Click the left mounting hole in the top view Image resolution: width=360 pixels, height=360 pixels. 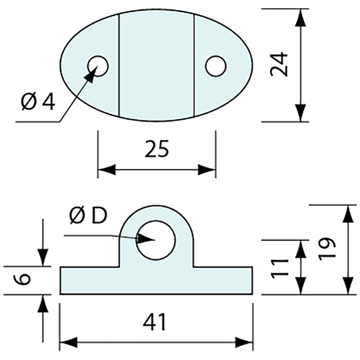(x=98, y=66)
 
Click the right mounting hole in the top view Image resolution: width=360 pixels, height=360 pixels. (x=215, y=66)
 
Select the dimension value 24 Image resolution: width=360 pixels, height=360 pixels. (x=280, y=66)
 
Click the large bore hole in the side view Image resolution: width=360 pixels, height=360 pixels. (x=156, y=240)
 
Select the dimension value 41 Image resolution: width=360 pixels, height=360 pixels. (x=156, y=323)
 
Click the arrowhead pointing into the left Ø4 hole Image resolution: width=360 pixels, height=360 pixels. (x=88, y=75)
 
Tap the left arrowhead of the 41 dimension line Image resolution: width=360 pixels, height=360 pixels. (x=68, y=342)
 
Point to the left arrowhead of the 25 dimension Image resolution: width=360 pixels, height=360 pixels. (x=106, y=170)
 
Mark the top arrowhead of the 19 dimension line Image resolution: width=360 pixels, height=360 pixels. (x=347, y=213)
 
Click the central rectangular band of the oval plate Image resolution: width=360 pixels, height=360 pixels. (x=157, y=66)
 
